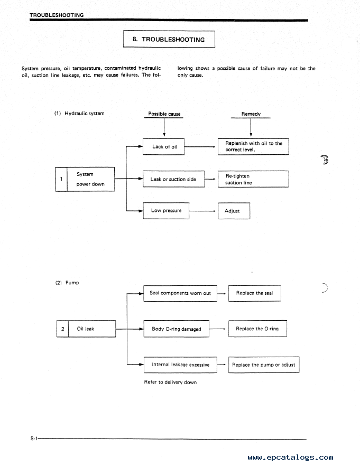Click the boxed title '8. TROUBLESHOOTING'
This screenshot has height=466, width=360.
pyautogui.click(x=169, y=39)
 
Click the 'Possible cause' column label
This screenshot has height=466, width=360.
pyautogui.click(x=164, y=114)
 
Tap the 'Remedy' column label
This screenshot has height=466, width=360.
pyautogui.click(x=251, y=114)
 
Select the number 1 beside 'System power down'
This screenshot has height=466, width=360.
pyautogui.click(x=61, y=179)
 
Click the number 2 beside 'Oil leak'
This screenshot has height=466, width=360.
pyautogui.click(x=63, y=329)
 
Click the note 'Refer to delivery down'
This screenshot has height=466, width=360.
pyautogui.click(x=170, y=382)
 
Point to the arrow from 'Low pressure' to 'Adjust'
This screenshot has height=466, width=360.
pyautogui.click(x=202, y=211)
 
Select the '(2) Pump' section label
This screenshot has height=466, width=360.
pyautogui.click(x=67, y=283)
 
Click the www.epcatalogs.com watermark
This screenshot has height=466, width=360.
pyautogui.click(x=290, y=458)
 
